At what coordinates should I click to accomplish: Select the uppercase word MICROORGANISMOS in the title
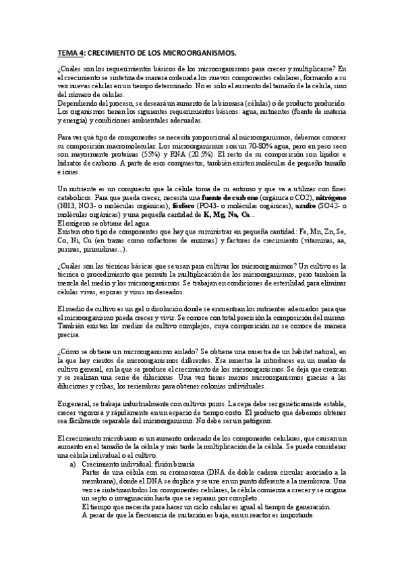[201, 52]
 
